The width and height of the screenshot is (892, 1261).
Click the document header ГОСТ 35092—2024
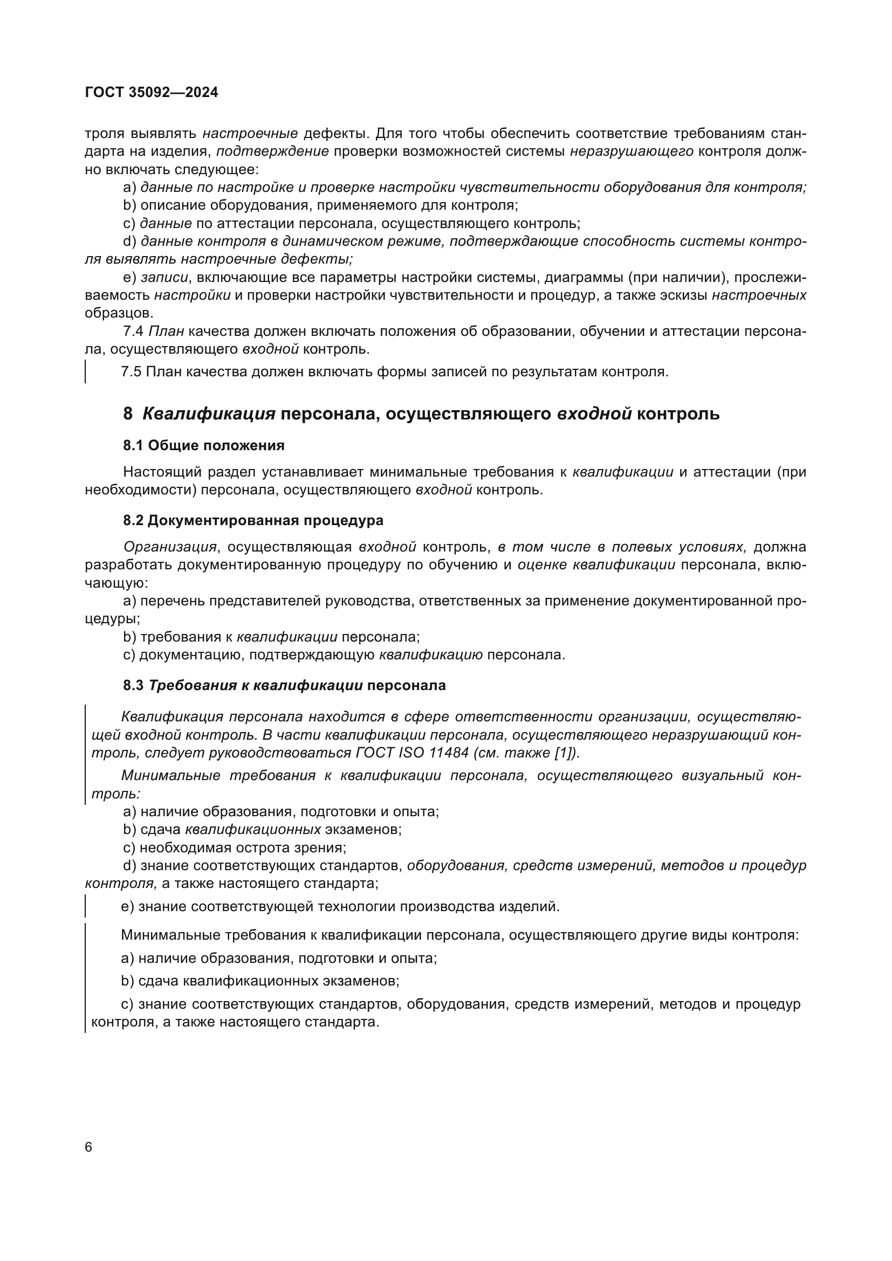[152, 92]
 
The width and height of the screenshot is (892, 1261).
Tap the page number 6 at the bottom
[89, 1147]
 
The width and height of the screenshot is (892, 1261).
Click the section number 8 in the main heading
[128, 414]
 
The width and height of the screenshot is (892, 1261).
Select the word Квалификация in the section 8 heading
[209, 414]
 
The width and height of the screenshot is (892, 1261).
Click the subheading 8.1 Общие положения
[204, 445]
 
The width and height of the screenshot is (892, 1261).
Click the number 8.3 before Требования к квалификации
[133, 685]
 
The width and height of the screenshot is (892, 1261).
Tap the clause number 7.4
[133, 331]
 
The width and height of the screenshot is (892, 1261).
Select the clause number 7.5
[131, 372]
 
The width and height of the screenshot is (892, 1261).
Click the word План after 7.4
[167, 331]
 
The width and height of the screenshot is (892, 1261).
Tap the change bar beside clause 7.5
[86, 372]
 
